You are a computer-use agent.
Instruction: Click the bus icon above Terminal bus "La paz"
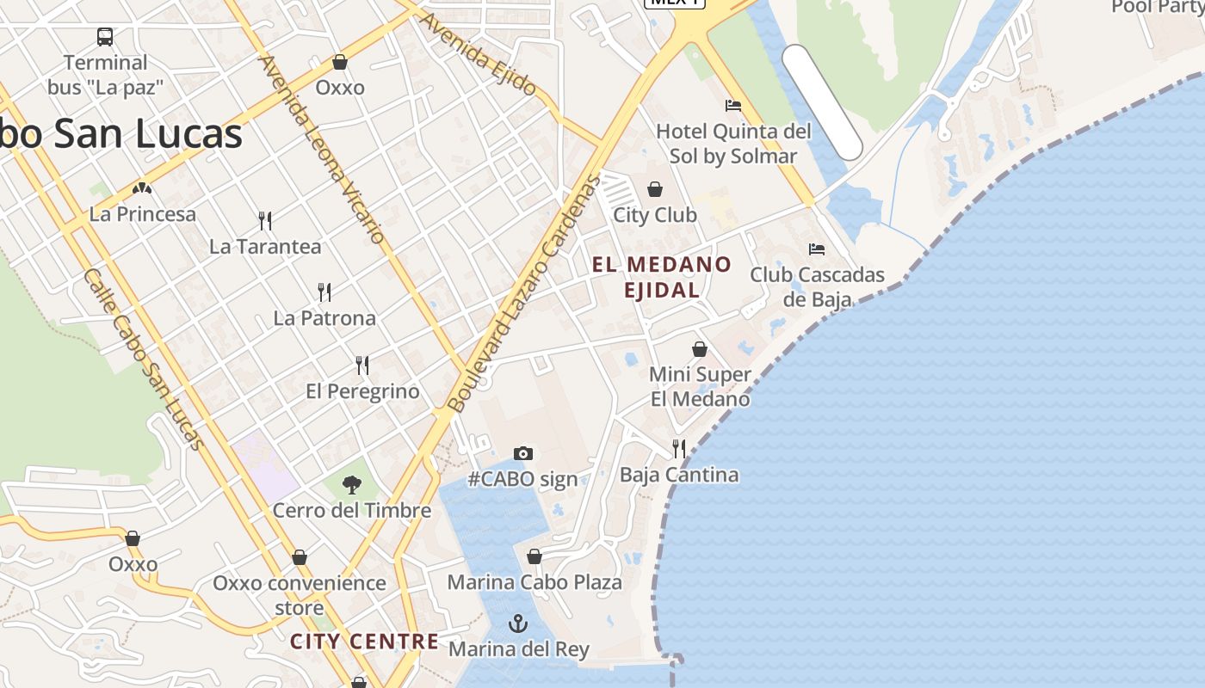pos(105,37)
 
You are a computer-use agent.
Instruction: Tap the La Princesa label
pos(143,214)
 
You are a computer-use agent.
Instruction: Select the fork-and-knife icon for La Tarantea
pos(265,221)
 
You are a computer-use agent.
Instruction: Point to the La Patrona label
pos(324,318)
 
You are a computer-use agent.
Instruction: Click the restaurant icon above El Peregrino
pos(362,365)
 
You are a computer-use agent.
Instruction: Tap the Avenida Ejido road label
pos(479,53)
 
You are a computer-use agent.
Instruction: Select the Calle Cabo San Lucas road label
pos(144,359)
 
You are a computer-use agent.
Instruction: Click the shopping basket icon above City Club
pos(655,189)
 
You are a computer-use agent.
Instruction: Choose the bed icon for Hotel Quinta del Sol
pos(733,106)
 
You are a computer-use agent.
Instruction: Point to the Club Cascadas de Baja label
pos(817,287)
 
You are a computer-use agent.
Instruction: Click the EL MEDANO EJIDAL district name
pos(662,277)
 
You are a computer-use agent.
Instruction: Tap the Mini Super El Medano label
pos(700,387)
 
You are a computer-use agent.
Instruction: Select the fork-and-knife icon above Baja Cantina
pos(679,448)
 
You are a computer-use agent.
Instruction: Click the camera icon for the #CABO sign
pos(523,453)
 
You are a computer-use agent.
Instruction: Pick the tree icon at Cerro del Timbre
pos(351,485)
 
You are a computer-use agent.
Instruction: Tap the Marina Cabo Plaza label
pos(535,582)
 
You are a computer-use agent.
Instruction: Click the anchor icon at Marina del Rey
pos(518,623)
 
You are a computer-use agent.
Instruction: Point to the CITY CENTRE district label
pos(364,642)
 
